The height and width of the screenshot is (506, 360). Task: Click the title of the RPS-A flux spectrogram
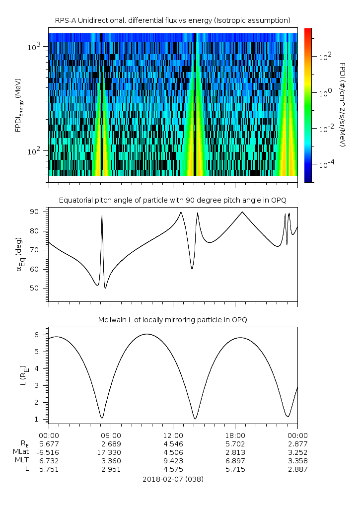tap(172, 20)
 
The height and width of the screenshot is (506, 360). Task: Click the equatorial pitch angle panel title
tap(172, 200)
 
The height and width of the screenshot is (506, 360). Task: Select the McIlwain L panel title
tap(172, 319)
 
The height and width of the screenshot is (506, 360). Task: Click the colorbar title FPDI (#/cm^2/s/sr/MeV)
tap(342, 104)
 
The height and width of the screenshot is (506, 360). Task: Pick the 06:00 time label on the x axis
tap(111, 434)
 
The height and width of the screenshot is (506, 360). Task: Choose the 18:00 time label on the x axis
tap(235, 434)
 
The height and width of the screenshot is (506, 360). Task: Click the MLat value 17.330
tap(111, 452)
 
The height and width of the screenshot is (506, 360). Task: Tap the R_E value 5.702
tap(235, 443)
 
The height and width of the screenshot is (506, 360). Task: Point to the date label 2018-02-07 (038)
tap(172, 480)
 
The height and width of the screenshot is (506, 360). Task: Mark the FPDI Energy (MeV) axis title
tap(19, 104)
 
